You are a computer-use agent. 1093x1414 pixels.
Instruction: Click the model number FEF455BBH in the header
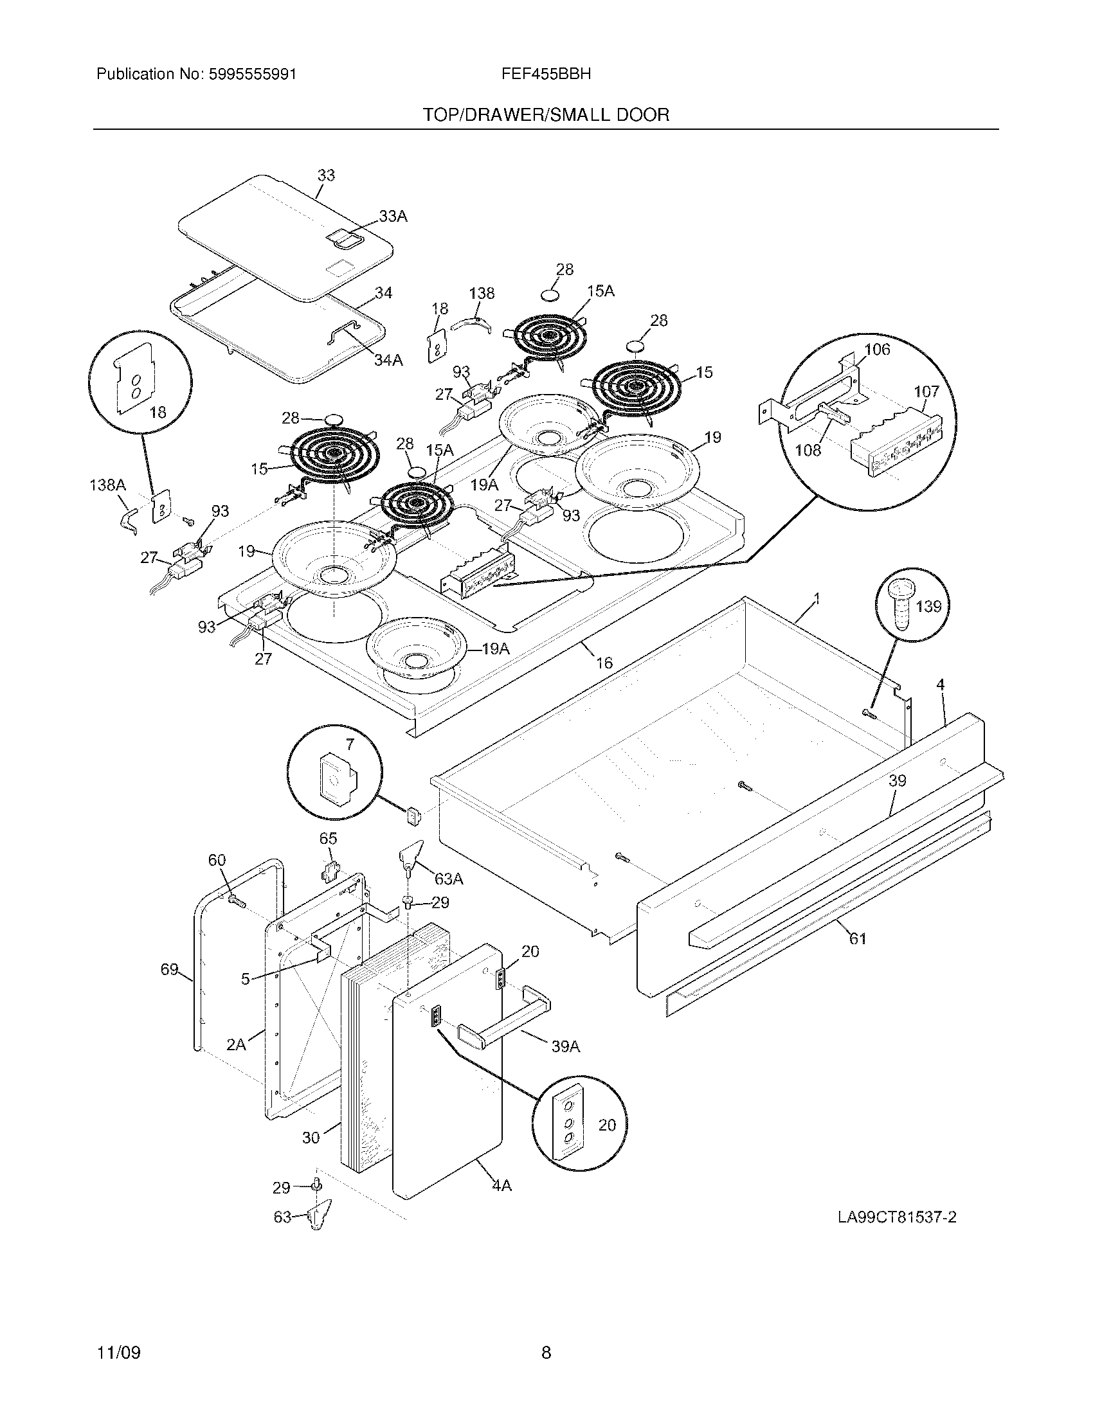(x=545, y=74)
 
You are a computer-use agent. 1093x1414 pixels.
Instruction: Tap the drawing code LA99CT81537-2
(x=897, y=1217)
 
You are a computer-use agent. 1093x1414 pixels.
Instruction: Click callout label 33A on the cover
(x=393, y=217)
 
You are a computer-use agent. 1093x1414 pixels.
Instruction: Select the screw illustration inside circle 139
(x=901, y=605)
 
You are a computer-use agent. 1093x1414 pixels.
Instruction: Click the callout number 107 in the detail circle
(x=926, y=391)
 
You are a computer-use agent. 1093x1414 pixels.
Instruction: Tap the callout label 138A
(x=107, y=485)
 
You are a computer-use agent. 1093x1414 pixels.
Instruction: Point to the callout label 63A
(x=449, y=879)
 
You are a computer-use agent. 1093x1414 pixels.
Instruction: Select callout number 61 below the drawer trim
(x=857, y=938)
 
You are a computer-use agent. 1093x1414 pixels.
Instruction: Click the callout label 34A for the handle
(x=388, y=360)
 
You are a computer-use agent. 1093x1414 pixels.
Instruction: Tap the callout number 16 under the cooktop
(x=604, y=662)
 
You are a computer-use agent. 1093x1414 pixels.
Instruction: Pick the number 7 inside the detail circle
(x=350, y=744)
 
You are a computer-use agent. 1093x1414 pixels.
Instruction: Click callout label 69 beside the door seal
(x=169, y=969)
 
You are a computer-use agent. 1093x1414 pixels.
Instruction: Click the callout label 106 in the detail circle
(x=878, y=350)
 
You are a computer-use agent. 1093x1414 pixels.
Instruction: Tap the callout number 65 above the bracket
(x=328, y=838)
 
